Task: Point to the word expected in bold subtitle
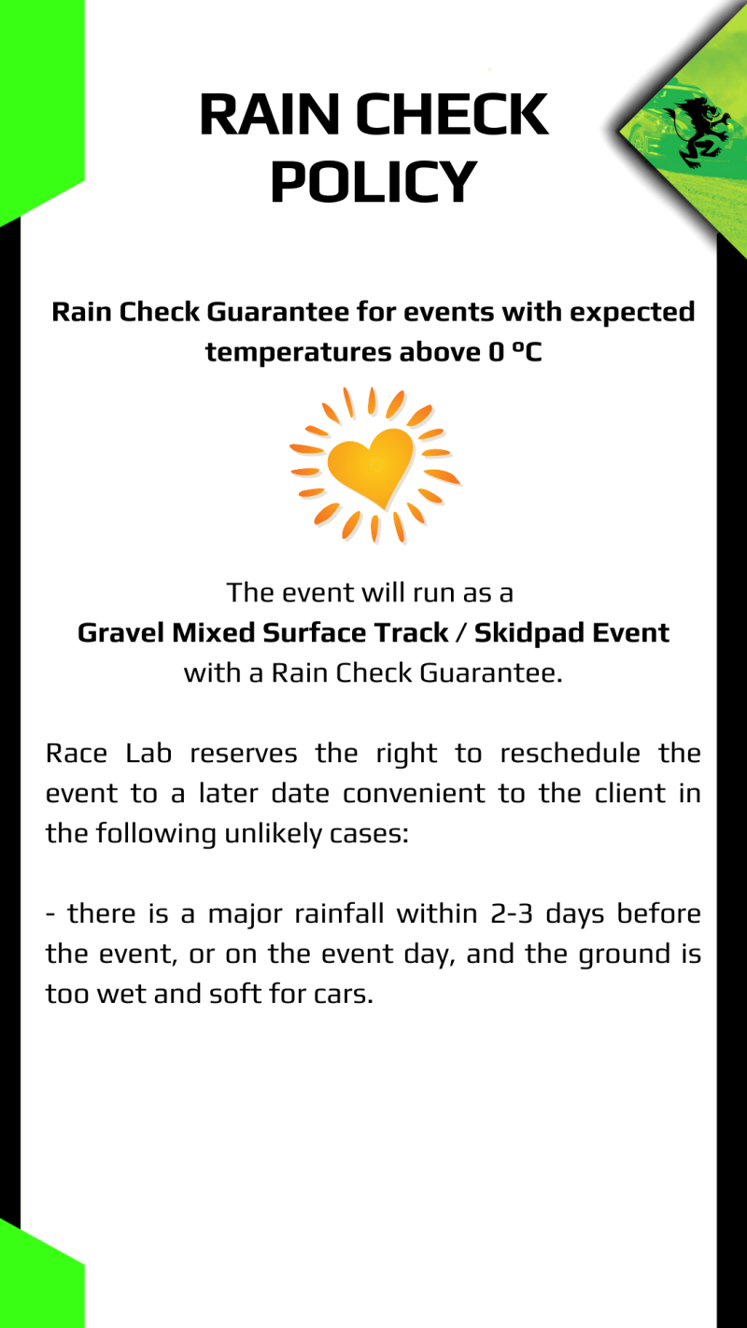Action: pyautogui.click(x=632, y=311)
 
